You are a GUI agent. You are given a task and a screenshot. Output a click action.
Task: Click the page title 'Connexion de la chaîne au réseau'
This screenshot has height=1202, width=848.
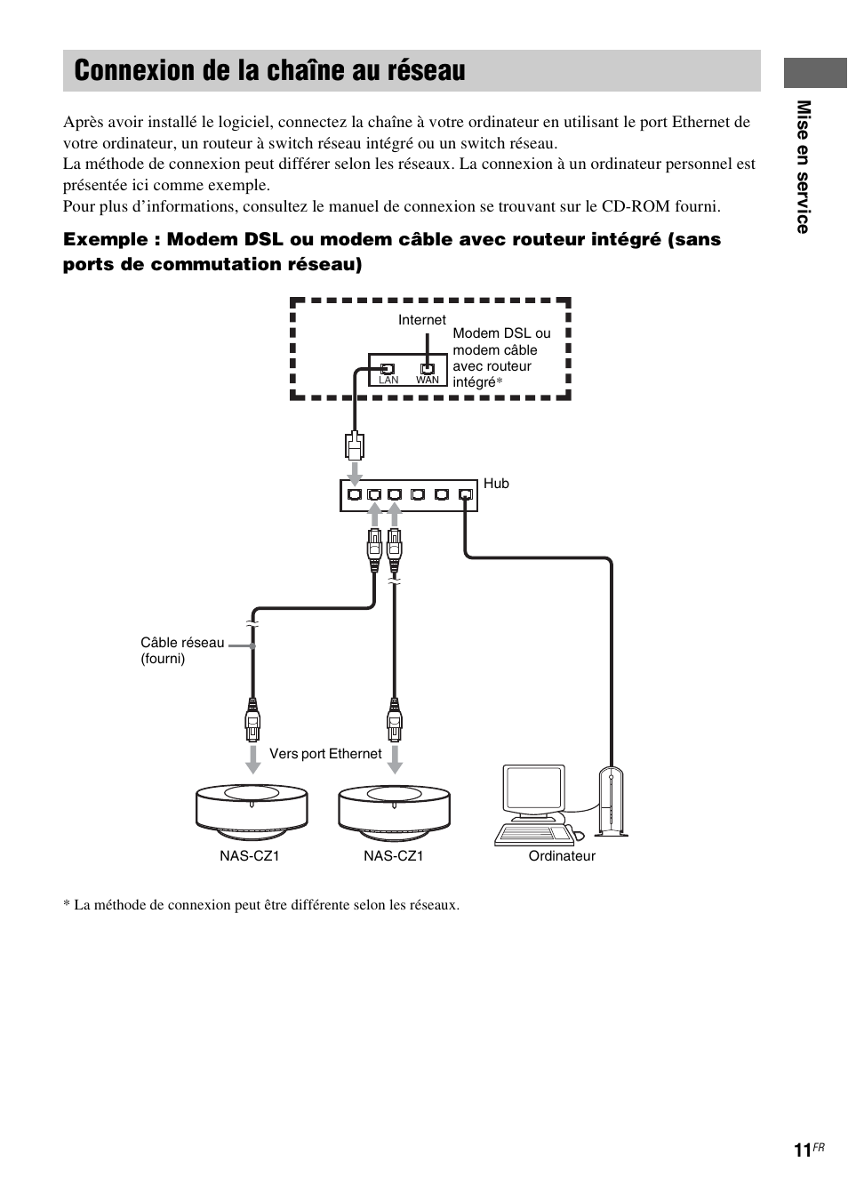coord(269,71)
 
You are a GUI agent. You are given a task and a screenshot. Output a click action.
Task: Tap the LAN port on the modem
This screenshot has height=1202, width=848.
coord(388,368)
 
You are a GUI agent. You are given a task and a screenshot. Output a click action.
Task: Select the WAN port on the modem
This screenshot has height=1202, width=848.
coord(428,368)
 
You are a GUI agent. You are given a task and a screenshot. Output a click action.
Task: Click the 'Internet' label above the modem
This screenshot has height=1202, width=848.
coord(421,320)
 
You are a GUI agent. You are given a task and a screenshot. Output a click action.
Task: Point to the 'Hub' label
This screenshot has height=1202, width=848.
coord(496,484)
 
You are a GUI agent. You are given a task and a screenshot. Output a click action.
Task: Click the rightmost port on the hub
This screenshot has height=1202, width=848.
coord(465,494)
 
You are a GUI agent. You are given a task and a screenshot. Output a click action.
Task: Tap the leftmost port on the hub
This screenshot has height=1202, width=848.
coord(355,494)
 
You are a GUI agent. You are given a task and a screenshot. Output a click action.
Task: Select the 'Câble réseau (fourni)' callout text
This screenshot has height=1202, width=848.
coord(181,651)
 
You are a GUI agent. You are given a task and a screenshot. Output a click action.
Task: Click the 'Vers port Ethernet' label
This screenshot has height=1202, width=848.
coord(325,754)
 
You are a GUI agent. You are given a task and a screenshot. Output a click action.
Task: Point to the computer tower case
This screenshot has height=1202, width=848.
coord(611,802)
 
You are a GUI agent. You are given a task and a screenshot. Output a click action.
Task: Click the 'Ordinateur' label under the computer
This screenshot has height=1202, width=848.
coord(562,856)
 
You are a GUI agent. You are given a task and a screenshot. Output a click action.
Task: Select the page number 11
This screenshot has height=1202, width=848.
coord(802,1150)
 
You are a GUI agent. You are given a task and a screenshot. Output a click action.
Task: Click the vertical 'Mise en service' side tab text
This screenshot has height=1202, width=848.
coord(804,167)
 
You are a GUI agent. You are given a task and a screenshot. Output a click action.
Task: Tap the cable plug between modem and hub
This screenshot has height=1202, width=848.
coord(355,443)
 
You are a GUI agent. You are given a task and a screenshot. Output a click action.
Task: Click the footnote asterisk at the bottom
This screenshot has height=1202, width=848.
coord(66,905)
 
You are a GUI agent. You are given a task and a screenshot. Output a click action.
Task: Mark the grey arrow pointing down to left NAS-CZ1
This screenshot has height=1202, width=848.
coord(252,757)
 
